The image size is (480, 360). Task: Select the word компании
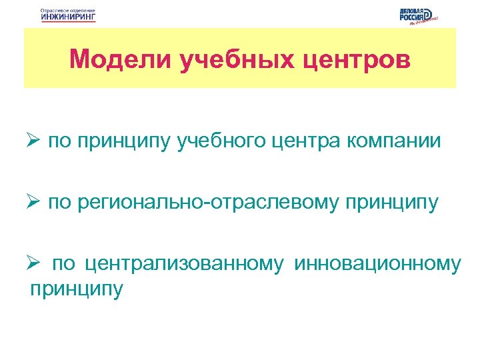point(395,141)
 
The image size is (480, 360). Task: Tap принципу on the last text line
point(77,289)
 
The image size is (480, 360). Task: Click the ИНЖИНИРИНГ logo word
point(68,18)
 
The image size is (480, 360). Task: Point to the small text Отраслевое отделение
point(68,11)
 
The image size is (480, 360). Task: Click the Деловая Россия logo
point(417,16)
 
